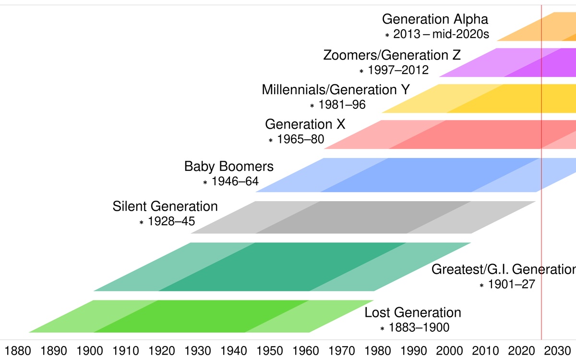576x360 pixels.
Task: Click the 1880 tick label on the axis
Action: point(18,349)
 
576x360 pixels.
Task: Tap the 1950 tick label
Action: point(270,349)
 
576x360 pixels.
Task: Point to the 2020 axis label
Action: point(521,349)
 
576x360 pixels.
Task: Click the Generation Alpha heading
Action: point(435,20)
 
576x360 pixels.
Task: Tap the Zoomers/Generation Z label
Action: point(392,55)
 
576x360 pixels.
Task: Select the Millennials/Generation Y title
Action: point(336,90)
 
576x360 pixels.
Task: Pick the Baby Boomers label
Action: point(229,167)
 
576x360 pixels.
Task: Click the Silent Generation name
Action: point(165,207)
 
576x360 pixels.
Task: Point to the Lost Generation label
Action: point(413,313)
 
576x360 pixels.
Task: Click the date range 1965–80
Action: point(300,140)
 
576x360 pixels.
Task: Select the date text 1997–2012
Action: point(398,71)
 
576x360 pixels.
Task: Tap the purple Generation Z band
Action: point(509,62)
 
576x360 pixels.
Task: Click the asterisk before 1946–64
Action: point(205,182)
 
